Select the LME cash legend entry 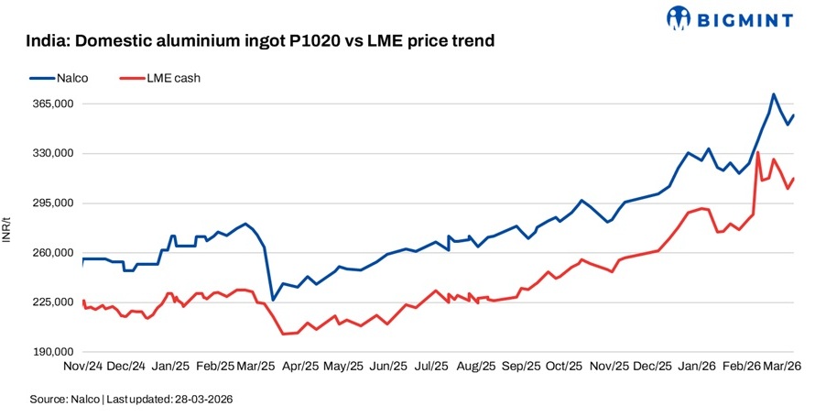click(172, 78)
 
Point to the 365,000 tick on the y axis click(52, 104)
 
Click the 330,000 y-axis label click(52, 154)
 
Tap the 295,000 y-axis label click(52, 203)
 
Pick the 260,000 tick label click(52, 253)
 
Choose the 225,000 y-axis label click(52, 302)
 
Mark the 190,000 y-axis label click(52, 352)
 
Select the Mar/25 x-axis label click(256, 366)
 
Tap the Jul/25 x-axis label click(430, 366)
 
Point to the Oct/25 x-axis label click(563, 366)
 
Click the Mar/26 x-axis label click(783, 366)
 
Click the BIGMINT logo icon click(679, 17)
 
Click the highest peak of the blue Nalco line click(774, 94)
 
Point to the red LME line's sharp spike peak click(757, 152)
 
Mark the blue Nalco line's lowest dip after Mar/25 click(272, 300)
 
